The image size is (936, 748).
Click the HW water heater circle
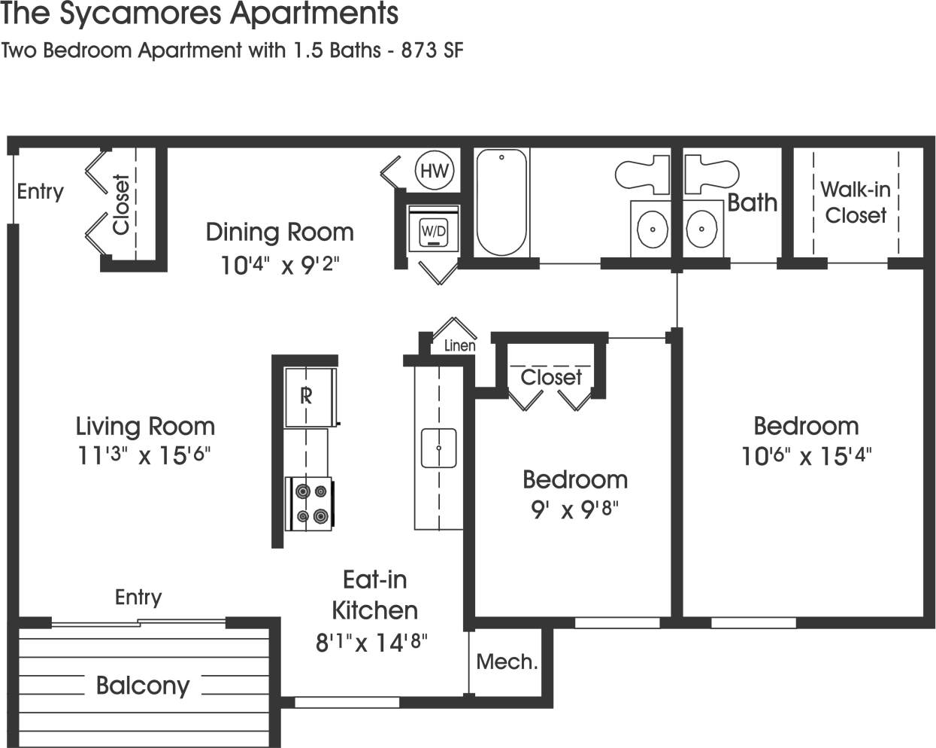[434, 171]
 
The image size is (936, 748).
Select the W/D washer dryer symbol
[433, 231]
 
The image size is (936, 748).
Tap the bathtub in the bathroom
[501, 202]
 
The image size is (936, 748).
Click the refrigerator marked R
[305, 396]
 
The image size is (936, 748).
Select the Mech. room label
[507, 662]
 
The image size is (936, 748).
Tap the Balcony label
[143, 686]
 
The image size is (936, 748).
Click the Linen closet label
[459, 345]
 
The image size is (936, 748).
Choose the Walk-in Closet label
[855, 202]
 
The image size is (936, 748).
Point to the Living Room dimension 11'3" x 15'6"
[144, 456]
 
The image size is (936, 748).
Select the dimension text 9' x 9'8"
[574, 509]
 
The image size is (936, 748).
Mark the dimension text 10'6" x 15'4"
[806, 456]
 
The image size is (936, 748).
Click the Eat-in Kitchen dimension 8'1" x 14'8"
[371, 643]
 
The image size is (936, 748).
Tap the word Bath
[752, 202]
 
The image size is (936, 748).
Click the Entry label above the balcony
[138, 597]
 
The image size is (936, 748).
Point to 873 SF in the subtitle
[432, 50]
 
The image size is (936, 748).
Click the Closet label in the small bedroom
[551, 377]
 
